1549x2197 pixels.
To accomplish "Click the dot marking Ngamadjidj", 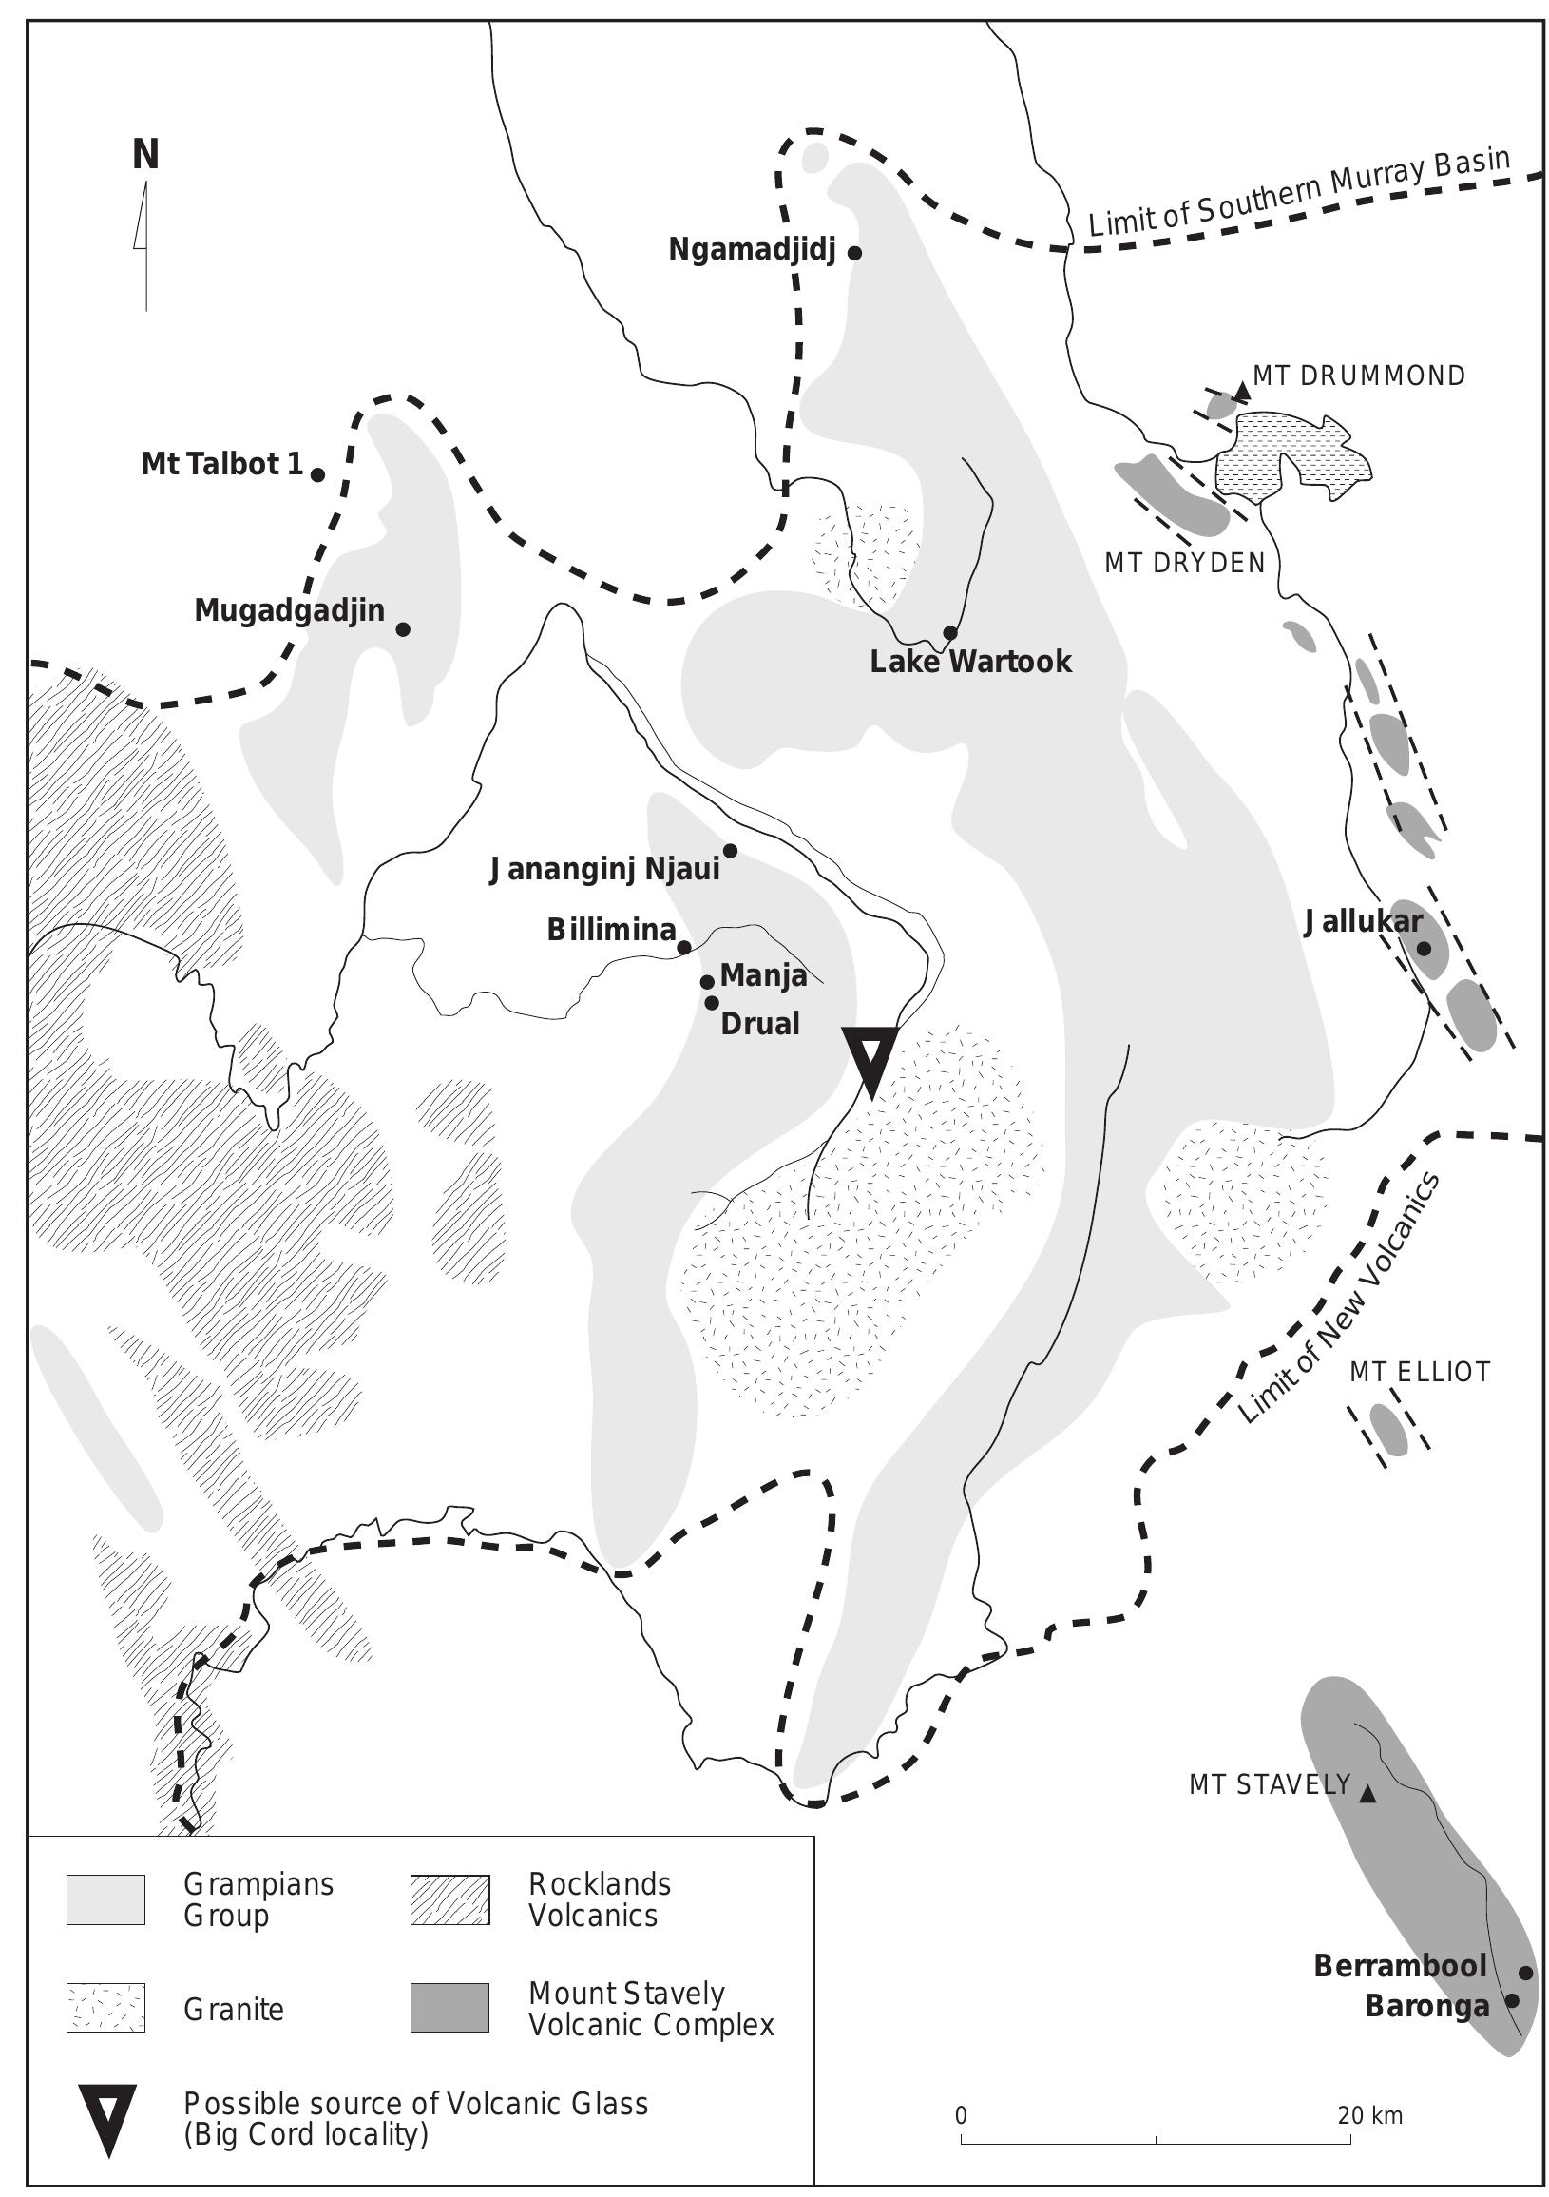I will (x=855, y=254).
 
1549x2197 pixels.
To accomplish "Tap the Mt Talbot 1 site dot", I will (x=317, y=474).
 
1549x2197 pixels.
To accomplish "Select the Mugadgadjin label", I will (x=289, y=610).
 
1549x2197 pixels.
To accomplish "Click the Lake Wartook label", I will (x=970, y=663).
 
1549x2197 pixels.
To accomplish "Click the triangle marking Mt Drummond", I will (x=1242, y=391).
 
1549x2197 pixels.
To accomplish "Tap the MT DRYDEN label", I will (x=1184, y=564).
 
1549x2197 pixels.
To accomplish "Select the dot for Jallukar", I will (x=1423, y=948).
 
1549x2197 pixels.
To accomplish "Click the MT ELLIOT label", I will (x=1420, y=1372).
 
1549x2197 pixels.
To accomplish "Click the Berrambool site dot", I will (x=1525, y=1973).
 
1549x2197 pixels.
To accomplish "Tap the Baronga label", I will (x=1426, y=2007).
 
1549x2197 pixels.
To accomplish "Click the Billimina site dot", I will (x=684, y=947).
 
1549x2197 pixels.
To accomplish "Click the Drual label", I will (x=759, y=1024).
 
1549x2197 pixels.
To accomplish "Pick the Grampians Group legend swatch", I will (x=105, y=1899).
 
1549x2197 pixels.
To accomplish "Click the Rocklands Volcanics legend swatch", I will (x=449, y=1899).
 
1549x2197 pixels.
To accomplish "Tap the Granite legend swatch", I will (x=105, y=2007).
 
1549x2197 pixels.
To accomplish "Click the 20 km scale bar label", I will (x=1369, y=2115).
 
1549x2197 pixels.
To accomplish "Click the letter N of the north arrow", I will (x=145, y=154).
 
